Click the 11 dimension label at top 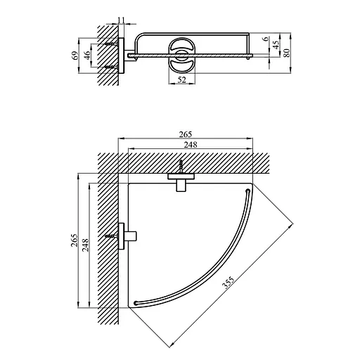121,20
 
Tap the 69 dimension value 75,56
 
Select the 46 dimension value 87,56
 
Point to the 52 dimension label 181,80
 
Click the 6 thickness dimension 266,39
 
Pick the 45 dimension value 276,44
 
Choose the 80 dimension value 288,53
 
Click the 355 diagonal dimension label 228,283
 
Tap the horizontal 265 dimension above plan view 186,134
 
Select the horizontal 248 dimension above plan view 191,145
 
